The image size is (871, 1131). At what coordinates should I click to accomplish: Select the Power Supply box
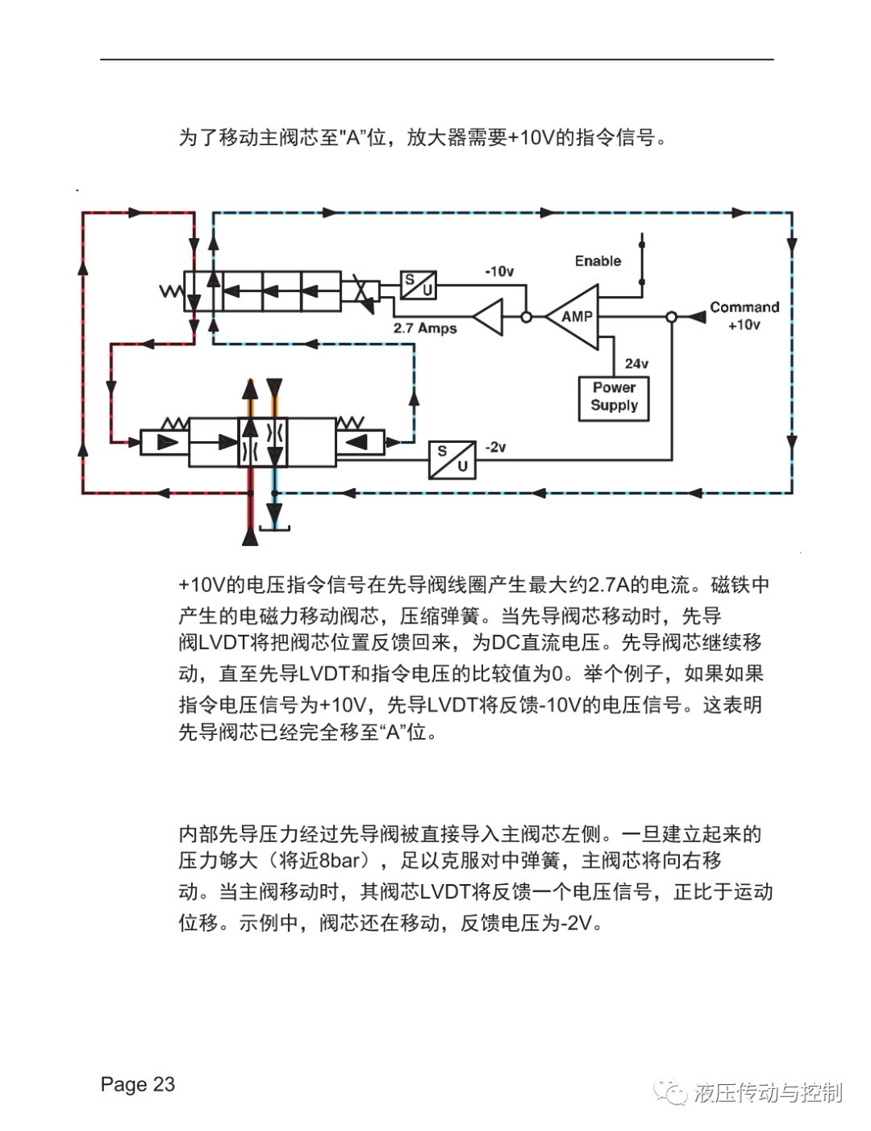(614, 399)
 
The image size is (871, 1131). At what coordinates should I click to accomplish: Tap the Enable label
(598, 261)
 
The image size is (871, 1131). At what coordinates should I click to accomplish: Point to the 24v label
(636, 363)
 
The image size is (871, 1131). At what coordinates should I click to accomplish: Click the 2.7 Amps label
(425, 328)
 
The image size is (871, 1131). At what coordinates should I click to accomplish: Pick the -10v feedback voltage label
(499, 271)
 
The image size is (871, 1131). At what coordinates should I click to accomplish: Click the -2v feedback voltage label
(495, 447)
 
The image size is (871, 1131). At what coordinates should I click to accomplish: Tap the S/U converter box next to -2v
(452, 460)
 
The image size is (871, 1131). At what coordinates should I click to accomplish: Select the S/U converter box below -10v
(418, 285)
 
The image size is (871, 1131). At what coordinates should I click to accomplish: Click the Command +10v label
(744, 315)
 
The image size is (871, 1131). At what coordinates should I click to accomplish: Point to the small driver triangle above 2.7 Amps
(488, 316)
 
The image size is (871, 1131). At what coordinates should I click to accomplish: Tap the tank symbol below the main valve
(274, 528)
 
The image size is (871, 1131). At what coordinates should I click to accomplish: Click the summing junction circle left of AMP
(526, 316)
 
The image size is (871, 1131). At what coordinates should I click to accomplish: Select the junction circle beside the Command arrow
(672, 316)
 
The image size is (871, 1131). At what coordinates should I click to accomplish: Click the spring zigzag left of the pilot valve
(171, 291)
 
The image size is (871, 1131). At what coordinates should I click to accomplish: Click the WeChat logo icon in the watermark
(671, 1091)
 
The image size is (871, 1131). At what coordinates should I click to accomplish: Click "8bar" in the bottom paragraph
(339, 860)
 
